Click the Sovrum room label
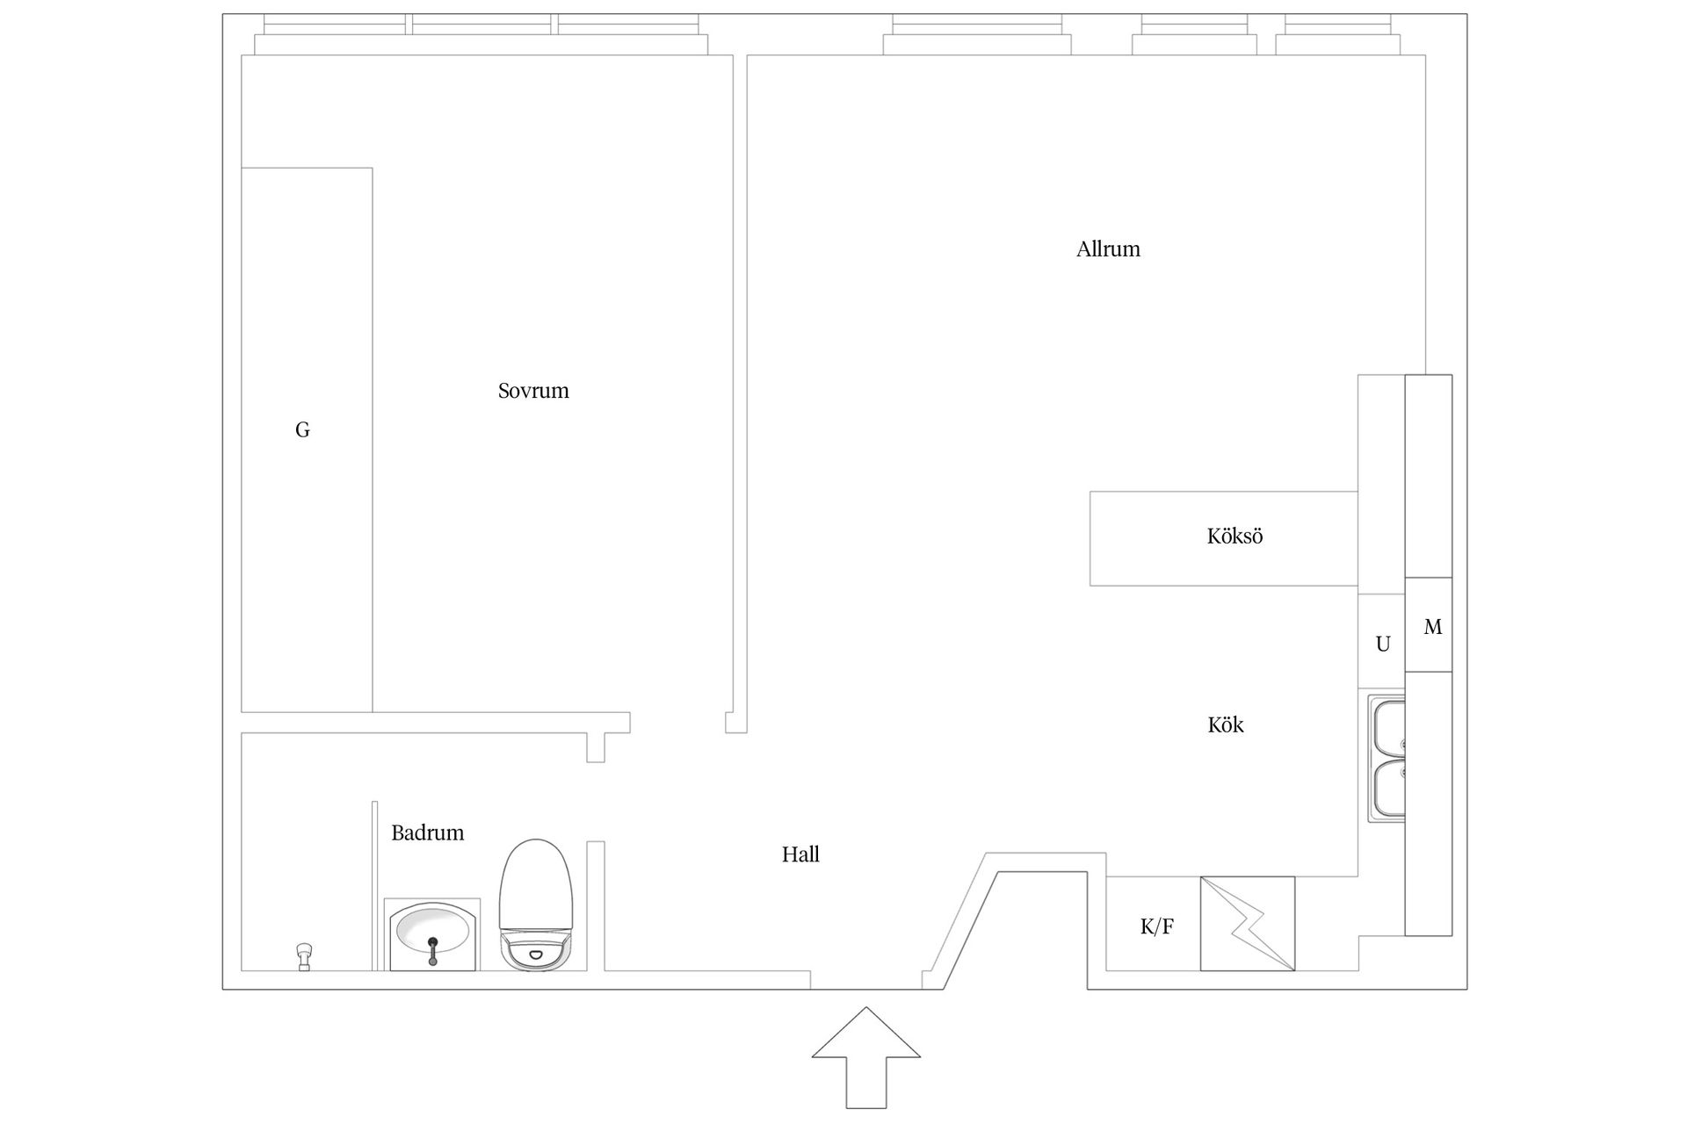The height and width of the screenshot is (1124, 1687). click(x=533, y=391)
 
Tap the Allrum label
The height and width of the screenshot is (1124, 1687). click(x=1108, y=249)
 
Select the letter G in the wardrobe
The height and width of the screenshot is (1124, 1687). click(x=302, y=429)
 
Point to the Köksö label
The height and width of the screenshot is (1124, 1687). click(x=1234, y=536)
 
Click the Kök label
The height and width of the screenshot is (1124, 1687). click(x=1226, y=724)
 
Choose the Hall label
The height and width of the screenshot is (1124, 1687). click(x=800, y=854)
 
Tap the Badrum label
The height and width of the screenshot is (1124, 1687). click(x=427, y=832)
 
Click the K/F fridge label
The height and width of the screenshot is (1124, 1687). click(x=1156, y=926)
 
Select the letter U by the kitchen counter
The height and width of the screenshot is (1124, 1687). click(x=1383, y=645)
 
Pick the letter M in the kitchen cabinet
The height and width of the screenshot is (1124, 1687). click(x=1432, y=627)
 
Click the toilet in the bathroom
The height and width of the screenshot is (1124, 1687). click(x=535, y=904)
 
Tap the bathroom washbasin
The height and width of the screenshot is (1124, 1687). click(x=432, y=934)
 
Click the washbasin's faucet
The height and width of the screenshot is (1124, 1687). click(x=432, y=950)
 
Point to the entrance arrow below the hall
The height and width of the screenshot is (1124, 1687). click(x=866, y=1057)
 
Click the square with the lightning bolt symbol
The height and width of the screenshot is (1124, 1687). click(x=1248, y=924)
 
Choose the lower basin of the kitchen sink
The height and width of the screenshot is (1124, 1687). click(x=1387, y=788)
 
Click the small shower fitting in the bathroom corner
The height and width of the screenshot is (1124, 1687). click(x=305, y=956)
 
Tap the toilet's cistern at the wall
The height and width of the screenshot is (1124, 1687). click(x=535, y=951)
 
